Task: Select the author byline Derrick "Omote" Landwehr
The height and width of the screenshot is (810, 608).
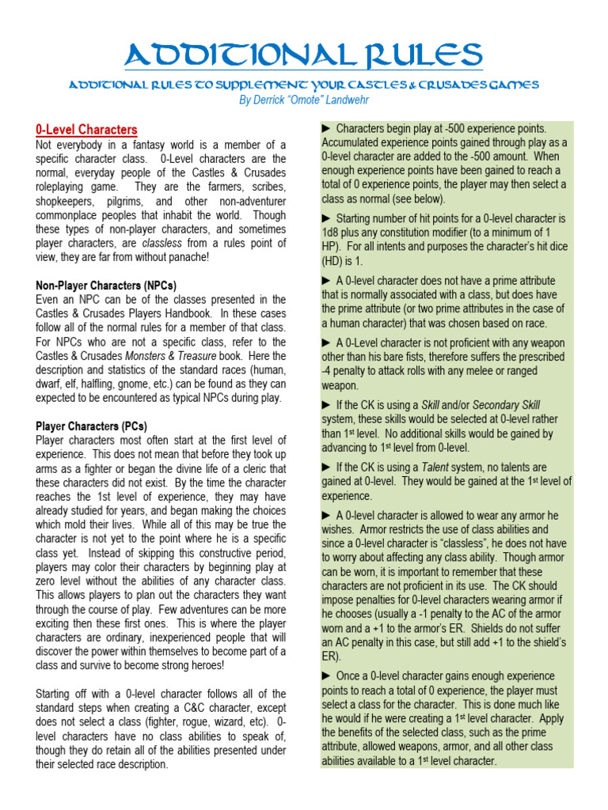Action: [x=304, y=99]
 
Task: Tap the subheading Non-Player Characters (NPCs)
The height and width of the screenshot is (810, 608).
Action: [x=106, y=285]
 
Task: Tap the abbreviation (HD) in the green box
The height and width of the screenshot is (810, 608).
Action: [x=333, y=260]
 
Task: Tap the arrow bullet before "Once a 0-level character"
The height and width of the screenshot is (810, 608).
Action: [x=327, y=675]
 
